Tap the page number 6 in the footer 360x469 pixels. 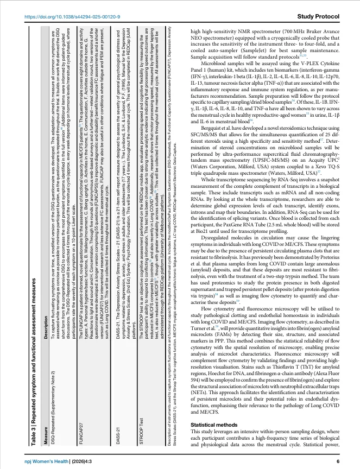coord(337,461)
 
